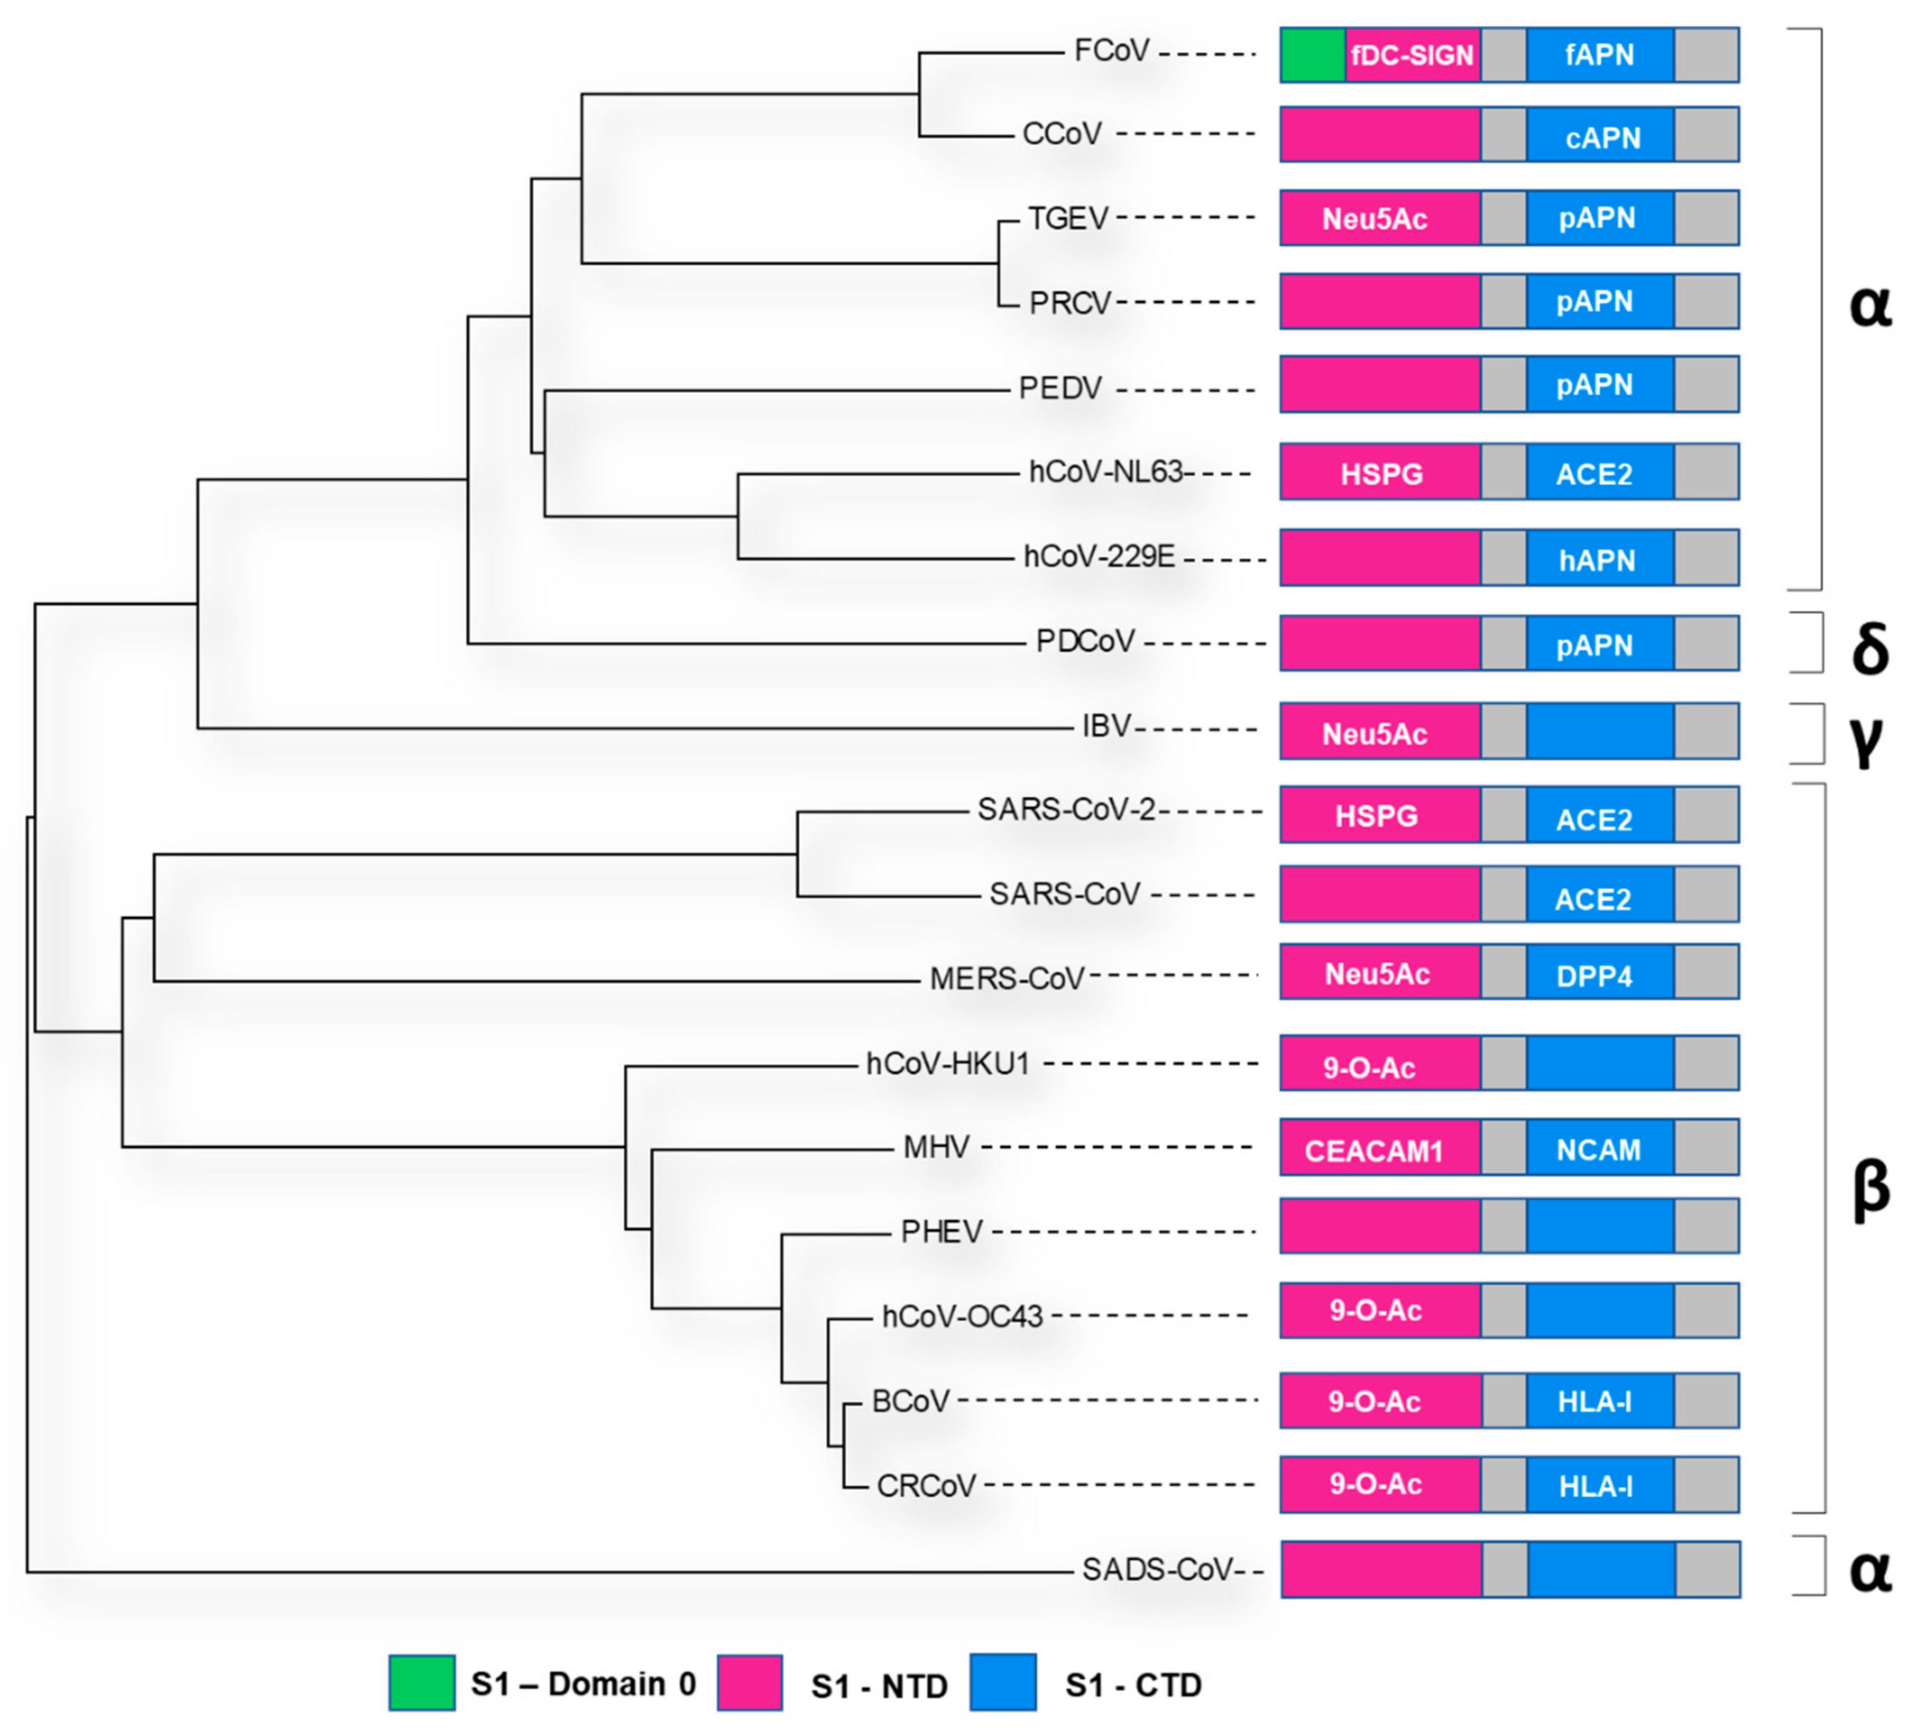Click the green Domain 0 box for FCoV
pos(1312,55)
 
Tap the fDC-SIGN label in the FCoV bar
pos(1413,55)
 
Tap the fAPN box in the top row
pos(1600,55)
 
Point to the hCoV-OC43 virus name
pos(963,1316)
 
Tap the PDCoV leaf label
pos(1085,642)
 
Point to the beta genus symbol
pos(1871,1188)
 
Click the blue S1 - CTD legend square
pos(1003,1683)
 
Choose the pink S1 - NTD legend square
pos(750,1683)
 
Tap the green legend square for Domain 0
pos(422,1683)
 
